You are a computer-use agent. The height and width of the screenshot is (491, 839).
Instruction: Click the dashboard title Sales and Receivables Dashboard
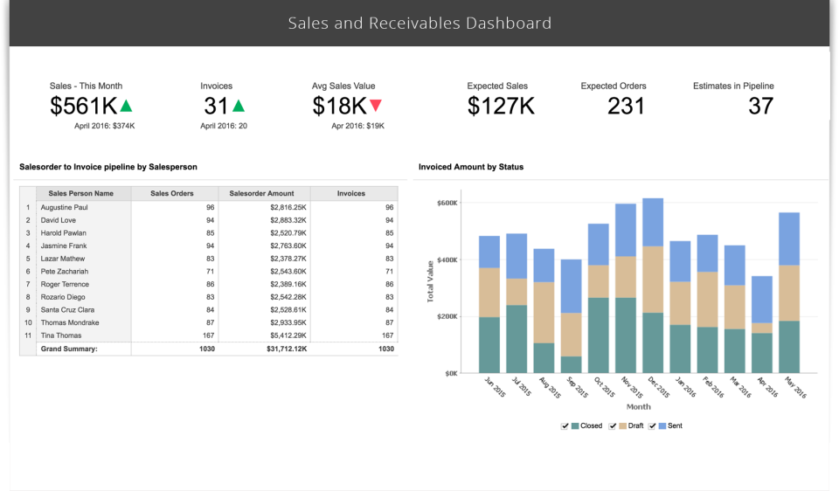tap(419, 23)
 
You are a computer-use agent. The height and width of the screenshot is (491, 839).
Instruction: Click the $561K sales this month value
tap(83, 107)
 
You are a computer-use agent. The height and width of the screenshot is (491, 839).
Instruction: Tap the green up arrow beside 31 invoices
tap(239, 106)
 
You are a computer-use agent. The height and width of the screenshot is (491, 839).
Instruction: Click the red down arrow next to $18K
tap(376, 106)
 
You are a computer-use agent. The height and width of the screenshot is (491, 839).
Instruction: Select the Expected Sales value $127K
tap(501, 107)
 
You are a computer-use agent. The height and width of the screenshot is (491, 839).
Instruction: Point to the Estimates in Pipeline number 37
tap(760, 107)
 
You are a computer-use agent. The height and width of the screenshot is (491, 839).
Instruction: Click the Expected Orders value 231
tap(626, 107)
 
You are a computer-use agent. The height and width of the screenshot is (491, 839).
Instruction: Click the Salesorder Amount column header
tap(264, 193)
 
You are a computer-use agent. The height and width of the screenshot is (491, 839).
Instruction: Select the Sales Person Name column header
tap(81, 193)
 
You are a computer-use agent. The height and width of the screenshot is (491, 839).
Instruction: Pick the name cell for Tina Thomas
tap(61, 335)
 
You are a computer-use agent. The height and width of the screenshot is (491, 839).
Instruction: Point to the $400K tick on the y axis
tap(447, 259)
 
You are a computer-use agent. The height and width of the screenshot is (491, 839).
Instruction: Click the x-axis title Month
tap(638, 407)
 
